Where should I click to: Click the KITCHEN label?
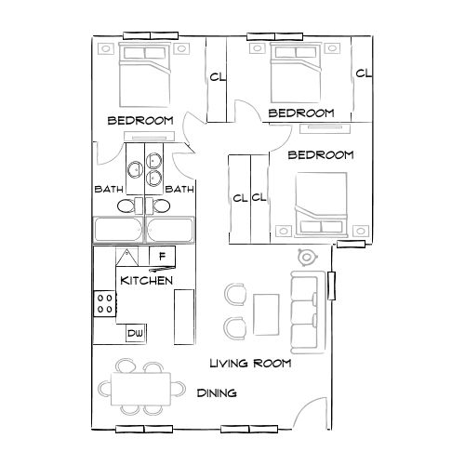point(145,280)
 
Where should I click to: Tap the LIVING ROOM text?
point(250,364)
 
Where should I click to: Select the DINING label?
point(217,393)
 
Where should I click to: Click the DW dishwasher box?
point(135,332)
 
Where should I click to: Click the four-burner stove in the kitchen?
point(105,302)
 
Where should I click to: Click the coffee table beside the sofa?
point(267,312)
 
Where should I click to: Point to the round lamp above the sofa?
point(304,258)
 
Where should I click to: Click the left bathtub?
point(118,230)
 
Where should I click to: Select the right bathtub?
point(175,230)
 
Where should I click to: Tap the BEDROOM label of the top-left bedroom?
point(141,121)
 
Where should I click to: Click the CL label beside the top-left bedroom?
point(217,78)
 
